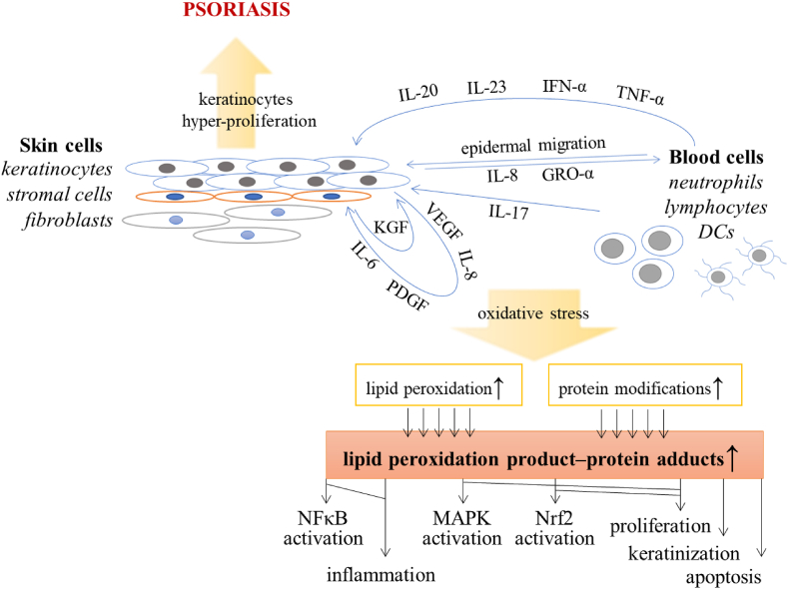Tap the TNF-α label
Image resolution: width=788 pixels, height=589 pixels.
pos(639,93)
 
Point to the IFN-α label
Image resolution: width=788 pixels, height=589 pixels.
pos(565,86)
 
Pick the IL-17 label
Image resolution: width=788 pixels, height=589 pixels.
pos(510,211)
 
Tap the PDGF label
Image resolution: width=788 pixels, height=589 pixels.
pos(408,295)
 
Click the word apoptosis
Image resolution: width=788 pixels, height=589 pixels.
pos(722,576)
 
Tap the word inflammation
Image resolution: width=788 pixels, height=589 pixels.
pos(382,575)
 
